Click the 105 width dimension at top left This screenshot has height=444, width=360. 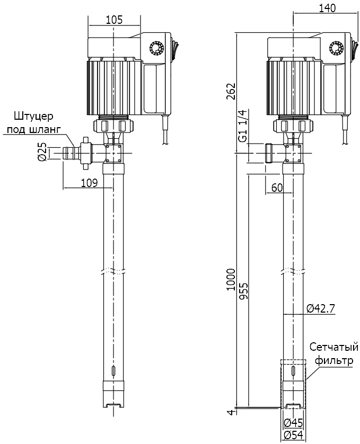coord(114,20)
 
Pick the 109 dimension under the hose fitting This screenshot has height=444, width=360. coord(89,183)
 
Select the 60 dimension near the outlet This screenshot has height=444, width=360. coord(277,187)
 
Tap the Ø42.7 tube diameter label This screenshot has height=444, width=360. coord(321,308)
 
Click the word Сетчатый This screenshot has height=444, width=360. coord(333,348)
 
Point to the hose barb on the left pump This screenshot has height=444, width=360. coord(69,153)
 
